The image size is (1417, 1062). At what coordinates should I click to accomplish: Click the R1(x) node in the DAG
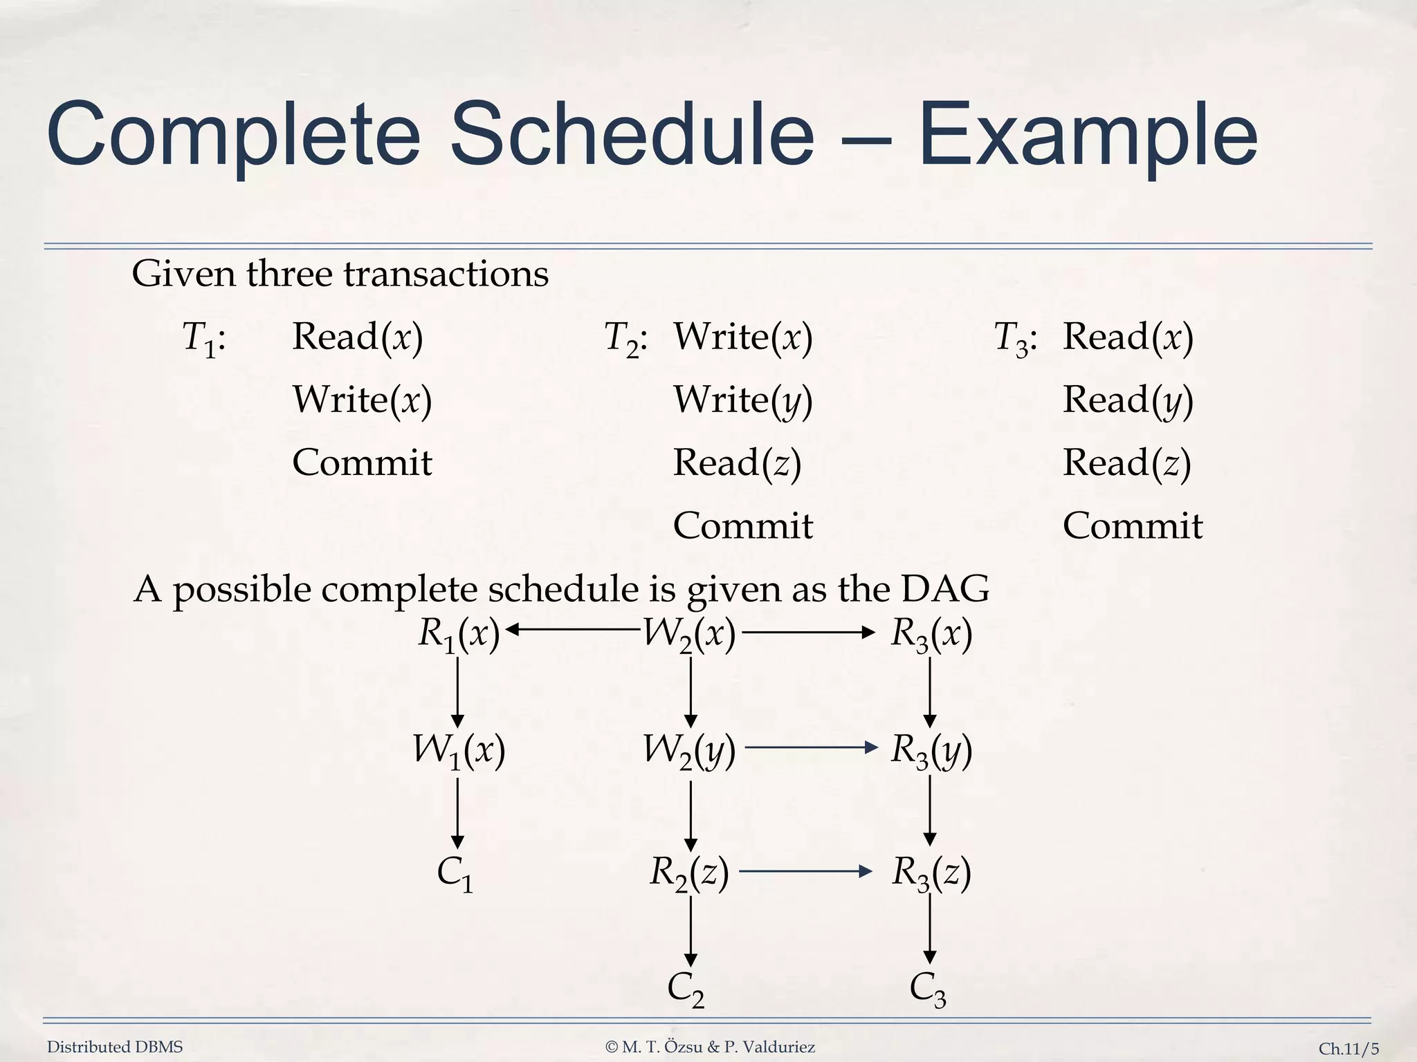tap(459, 634)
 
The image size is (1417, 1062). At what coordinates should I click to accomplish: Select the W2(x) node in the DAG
tap(689, 634)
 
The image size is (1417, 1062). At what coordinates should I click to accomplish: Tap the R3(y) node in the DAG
tap(931, 750)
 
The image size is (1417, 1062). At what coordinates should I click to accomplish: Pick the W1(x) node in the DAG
tap(459, 750)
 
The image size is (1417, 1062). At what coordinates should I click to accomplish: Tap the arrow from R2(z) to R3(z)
tap(805, 871)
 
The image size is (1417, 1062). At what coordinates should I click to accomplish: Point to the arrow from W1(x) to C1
tap(457, 812)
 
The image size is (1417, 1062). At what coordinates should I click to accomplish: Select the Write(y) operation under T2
tap(742, 400)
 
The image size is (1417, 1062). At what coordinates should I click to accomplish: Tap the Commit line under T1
tap(362, 463)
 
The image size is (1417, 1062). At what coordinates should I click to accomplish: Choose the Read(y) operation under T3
tap(1128, 400)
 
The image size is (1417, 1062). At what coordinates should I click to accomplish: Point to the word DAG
tap(945, 589)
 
